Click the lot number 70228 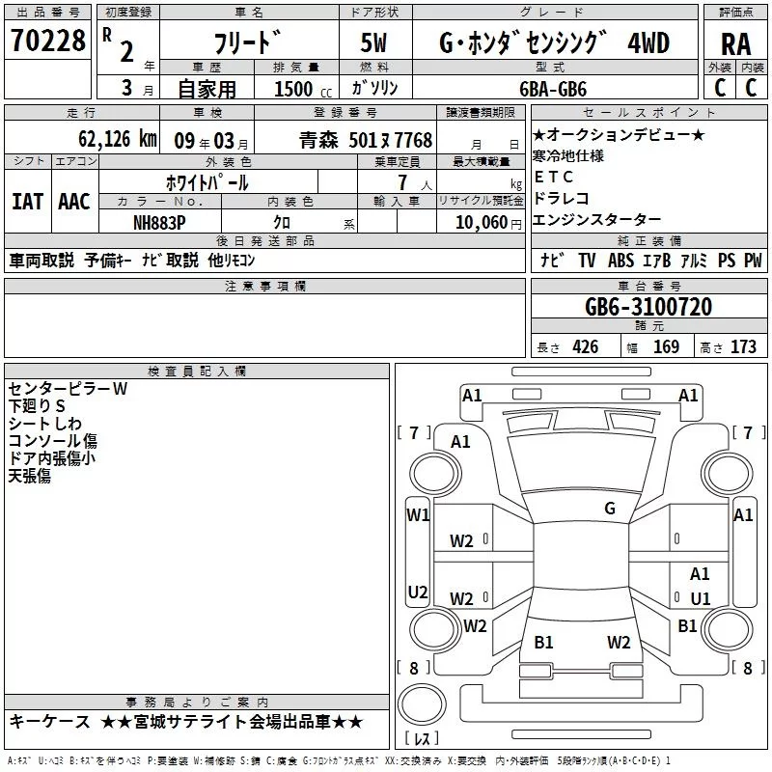(47, 41)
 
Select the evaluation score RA (735, 43)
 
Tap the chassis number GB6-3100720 (648, 307)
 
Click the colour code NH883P (161, 221)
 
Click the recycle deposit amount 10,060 (481, 221)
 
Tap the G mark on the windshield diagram (609, 509)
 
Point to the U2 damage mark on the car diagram (418, 592)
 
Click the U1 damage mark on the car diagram (700, 598)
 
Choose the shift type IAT (27, 202)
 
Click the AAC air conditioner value (74, 202)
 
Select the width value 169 (666, 346)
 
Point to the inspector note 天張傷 (30, 476)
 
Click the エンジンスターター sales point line (596, 220)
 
